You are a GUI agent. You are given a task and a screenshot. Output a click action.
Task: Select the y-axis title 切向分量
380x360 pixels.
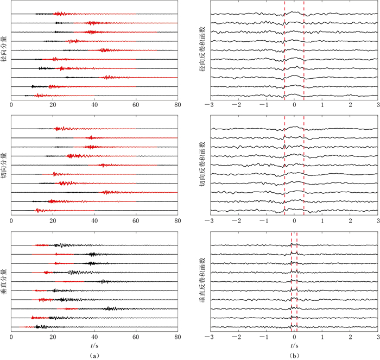[x=4, y=169]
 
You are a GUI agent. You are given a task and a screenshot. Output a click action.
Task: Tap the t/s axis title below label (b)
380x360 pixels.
[x=294, y=345]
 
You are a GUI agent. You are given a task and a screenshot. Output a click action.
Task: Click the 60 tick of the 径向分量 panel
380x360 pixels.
[x=136, y=104]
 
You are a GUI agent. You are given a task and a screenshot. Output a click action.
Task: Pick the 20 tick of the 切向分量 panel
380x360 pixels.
[x=53, y=221]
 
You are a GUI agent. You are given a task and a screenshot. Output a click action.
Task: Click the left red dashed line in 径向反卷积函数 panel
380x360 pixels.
[x=284, y=54]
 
